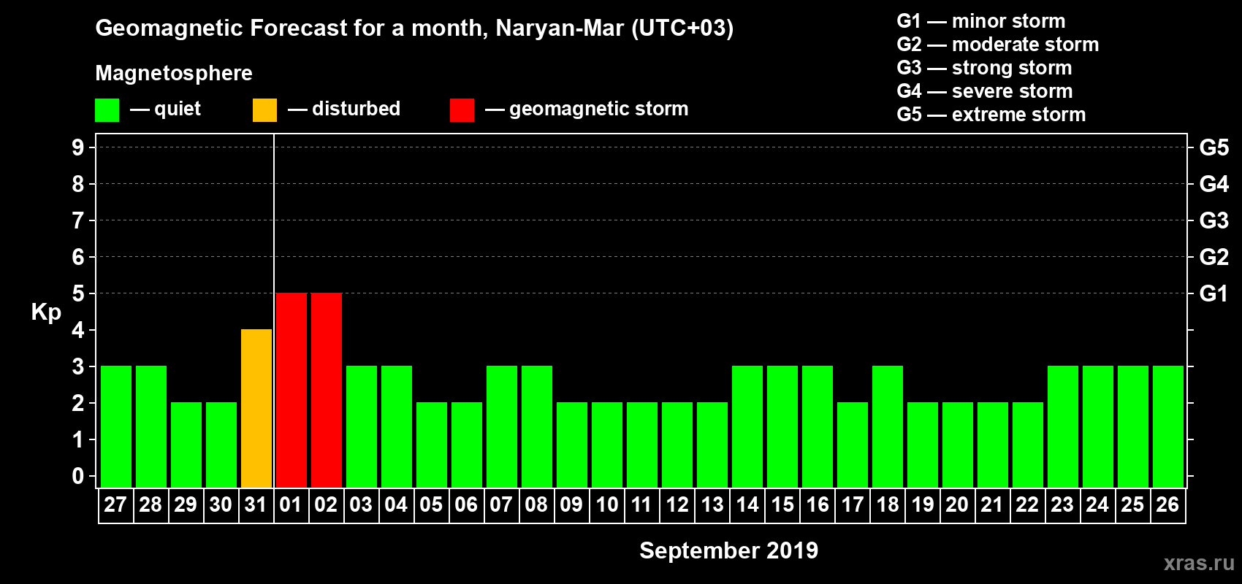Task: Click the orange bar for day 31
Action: [256, 408]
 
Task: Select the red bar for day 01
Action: [292, 390]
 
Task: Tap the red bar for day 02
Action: [327, 390]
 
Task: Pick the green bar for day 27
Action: [116, 426]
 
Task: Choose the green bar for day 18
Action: [888, 426]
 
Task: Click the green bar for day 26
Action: [1168, 426]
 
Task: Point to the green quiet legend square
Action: [107, 110]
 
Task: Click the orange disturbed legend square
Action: [264, 110]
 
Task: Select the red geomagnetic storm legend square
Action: [462, 110]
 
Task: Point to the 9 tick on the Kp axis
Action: [78, 147]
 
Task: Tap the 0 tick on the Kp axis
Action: [78, 477]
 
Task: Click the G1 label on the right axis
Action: [1214, 293]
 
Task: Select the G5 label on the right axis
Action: [1214, 147]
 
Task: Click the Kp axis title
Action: [46, 312]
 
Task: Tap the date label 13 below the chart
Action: [712, 504]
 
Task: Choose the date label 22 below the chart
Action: [1027, 504]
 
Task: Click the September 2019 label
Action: [728, 550]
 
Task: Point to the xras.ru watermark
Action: [1199, 563]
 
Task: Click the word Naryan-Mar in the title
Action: [560, 28]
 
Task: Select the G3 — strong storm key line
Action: [984, 68]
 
